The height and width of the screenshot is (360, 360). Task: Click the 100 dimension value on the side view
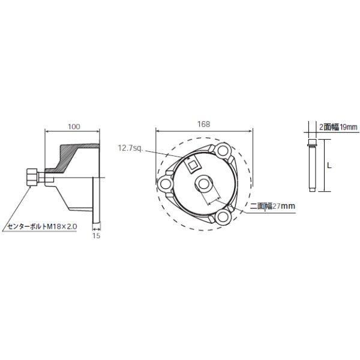(74, 127)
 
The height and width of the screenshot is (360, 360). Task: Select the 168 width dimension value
(203, 124)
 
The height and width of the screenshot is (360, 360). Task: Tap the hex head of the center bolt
(31, 178)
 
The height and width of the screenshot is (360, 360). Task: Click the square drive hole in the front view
(193, 163)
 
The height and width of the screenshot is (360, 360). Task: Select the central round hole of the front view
(204, 182)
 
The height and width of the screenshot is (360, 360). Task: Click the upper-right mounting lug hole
(225, 149)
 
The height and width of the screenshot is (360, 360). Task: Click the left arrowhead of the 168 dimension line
(157, 130)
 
